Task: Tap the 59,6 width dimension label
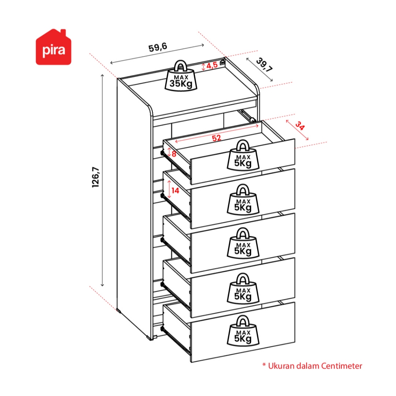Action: [x=158, y=48]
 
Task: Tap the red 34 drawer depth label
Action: [x=299, y=126]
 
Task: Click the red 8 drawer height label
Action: [x=174, y=154]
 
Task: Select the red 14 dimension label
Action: [x=176, y=190]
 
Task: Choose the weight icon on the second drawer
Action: [x=242, y=200]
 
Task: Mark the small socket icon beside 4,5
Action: [x=222, y=61]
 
